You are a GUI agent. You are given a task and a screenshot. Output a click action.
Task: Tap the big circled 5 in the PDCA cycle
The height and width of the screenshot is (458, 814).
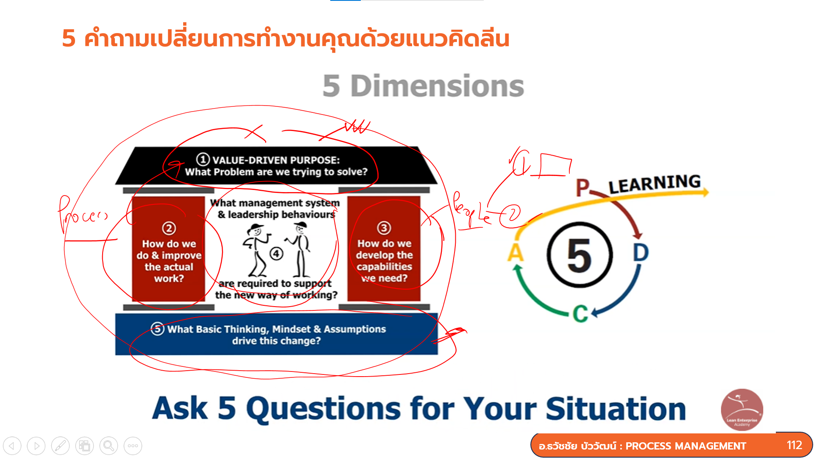[x=579, y=255]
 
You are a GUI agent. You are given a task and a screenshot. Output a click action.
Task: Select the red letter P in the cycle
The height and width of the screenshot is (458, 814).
[x=583, y=187]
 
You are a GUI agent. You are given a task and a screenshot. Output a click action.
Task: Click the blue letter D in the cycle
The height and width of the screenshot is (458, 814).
[x=641, y=253]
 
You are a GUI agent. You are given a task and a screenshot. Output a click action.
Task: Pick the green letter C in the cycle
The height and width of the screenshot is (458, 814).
[x=580, y=314]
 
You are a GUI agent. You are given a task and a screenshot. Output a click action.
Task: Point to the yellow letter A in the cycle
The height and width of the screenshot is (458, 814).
[x=516, y=253]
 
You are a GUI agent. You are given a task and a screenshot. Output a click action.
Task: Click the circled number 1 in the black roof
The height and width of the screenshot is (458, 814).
[x=203, y=159]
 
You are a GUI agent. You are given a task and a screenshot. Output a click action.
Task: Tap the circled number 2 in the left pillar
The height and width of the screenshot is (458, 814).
[x=169, y=229]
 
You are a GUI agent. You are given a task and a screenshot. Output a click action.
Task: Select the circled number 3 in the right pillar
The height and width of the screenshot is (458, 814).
[x=384, y=228]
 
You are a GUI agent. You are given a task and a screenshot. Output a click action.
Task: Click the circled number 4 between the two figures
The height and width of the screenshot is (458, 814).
[x=276, y=254]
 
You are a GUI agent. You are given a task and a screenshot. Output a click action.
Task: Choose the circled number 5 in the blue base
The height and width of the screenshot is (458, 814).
[x=157, y=329]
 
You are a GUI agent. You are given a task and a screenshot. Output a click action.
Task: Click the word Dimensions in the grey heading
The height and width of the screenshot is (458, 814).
[x=437, y=86]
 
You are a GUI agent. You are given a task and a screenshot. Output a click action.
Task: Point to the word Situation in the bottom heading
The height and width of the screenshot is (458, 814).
[x=616, y=409]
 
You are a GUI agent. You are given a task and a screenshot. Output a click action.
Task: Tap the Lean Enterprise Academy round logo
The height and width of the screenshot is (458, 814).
[x=742, y=410]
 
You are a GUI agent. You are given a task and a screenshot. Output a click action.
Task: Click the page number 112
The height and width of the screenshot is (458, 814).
[x=794, y=445]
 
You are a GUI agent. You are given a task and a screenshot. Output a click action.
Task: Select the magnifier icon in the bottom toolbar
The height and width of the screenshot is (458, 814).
[x=109, y=446]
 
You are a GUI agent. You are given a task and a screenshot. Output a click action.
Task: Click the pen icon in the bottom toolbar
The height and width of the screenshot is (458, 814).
[x=60, y=446]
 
